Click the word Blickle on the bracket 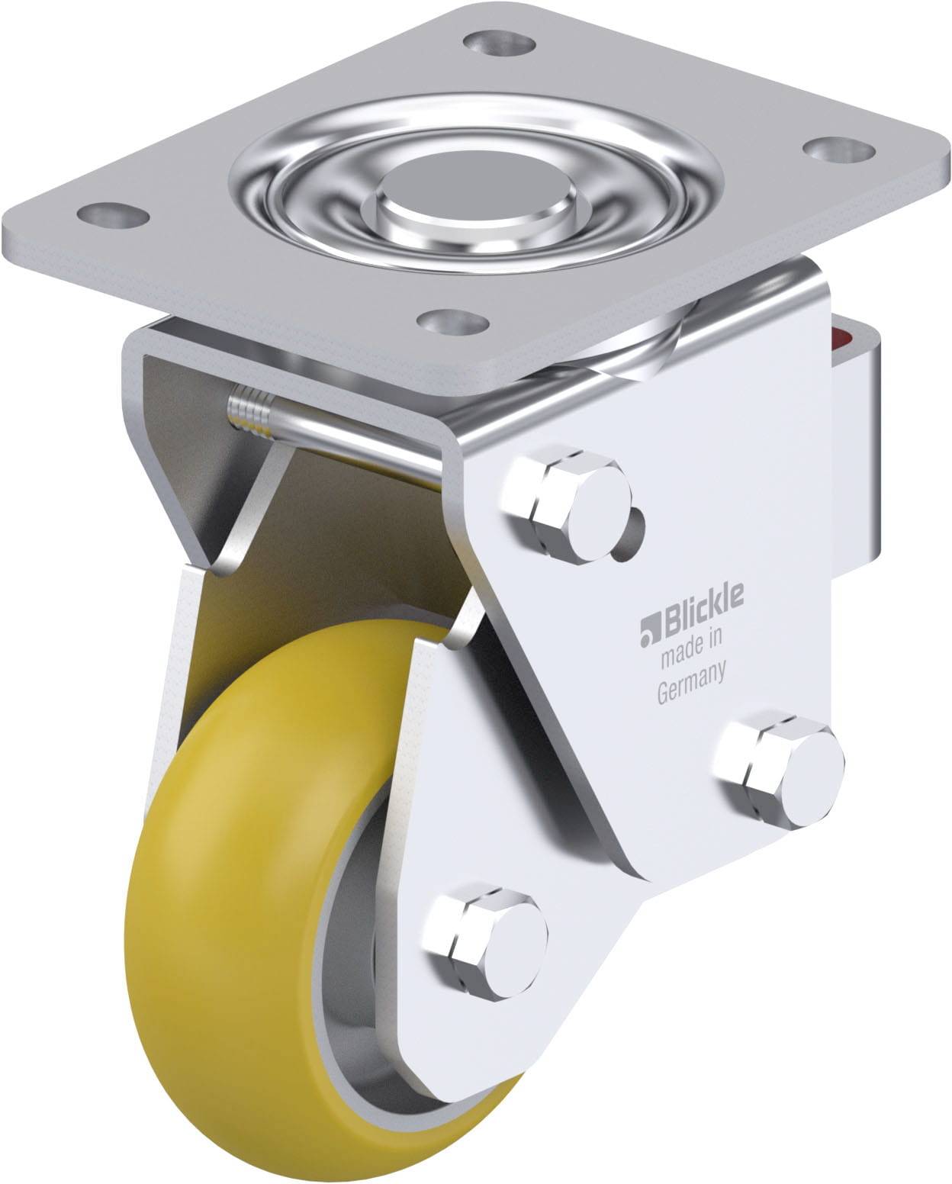695,616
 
